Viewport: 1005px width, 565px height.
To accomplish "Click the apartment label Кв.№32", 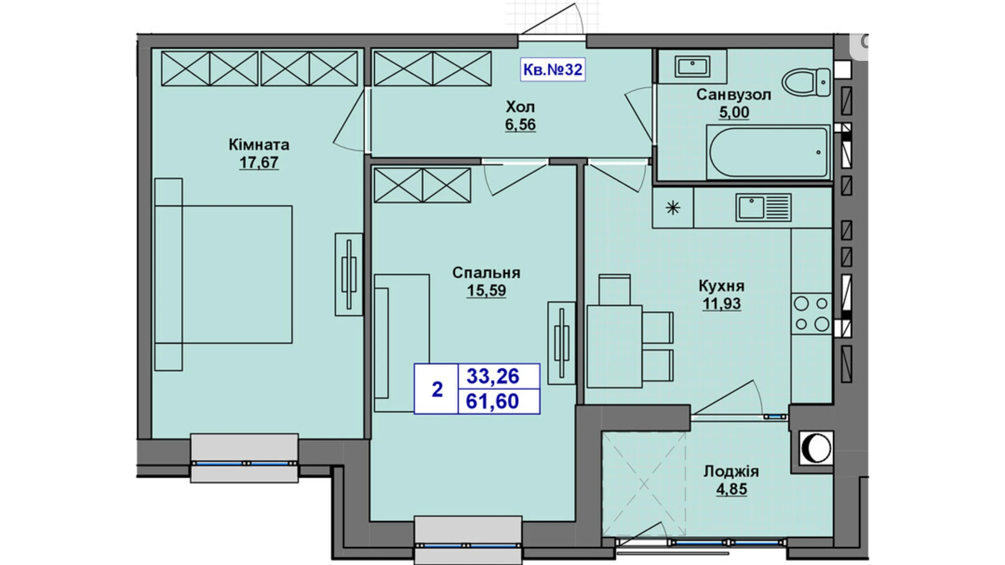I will click(x=552, y=70).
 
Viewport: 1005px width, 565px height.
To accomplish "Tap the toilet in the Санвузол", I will click(x=807, y=82).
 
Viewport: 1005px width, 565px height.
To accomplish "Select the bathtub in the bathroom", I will click(x=768, y=152).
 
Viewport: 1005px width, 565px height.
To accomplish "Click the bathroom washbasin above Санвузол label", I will click(x=692, y=66).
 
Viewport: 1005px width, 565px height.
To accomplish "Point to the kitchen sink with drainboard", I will click(x=763, y=208).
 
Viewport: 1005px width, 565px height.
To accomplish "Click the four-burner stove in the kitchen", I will click(x=812, y=314).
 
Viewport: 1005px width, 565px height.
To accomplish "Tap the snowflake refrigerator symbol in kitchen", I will click(x=673, y=208).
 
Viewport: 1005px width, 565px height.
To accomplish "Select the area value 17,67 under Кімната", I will click(x=259, y=162).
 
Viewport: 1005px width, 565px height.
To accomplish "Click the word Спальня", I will click(x=486, y=273).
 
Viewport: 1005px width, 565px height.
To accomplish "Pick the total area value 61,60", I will click(x=493, y=401).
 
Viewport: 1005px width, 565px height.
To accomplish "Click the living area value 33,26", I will click(x=493, y=376).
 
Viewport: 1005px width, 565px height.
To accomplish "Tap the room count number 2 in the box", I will click(x=437, y=389).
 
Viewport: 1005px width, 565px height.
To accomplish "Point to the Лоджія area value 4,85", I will click(x=731, y=489).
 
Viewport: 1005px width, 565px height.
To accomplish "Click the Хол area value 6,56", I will click(x=520, y=124).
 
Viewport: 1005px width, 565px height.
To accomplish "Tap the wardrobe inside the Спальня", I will click(x=422, y=185).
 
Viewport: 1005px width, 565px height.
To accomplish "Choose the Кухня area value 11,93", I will click(x=721, y=304).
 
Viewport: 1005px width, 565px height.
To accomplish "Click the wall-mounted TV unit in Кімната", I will click(x=348, y=274).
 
